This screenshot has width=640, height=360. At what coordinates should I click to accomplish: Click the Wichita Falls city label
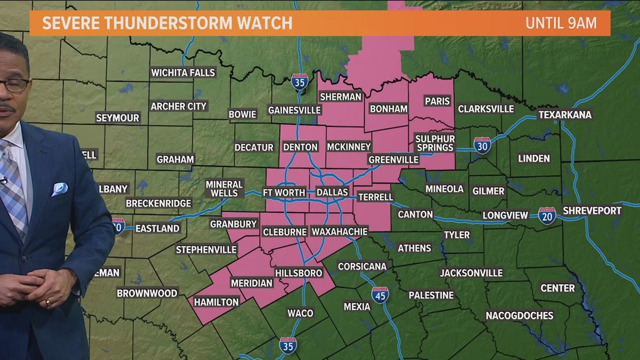183,72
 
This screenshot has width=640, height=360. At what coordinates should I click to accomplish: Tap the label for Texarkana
565,115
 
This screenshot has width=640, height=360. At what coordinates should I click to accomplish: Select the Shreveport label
592,211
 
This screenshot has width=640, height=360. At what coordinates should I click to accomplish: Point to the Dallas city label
332,192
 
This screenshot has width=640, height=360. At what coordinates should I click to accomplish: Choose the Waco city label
300,313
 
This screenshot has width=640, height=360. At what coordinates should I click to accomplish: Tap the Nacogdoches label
519,315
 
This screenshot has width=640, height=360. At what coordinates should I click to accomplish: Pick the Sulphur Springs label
435,143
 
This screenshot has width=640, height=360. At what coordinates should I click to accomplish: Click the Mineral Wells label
224,188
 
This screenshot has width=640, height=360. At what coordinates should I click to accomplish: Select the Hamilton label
216,302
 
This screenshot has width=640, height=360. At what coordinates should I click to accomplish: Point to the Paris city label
437,101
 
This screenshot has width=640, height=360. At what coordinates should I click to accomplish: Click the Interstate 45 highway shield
380,295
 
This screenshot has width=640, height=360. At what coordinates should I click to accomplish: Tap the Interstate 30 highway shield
482,145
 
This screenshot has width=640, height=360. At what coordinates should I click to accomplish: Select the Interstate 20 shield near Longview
547,216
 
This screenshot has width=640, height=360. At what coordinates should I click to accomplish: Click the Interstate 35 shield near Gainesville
300,82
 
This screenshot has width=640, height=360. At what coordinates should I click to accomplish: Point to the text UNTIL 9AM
560,24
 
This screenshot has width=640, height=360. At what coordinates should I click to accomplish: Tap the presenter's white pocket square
60,189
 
